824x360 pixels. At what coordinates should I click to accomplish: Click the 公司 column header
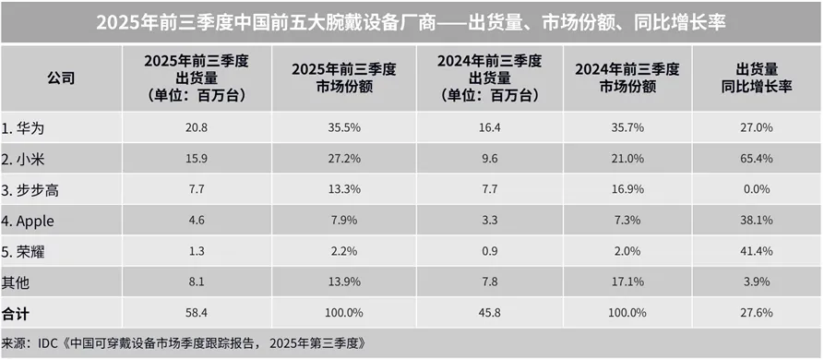(61, 78)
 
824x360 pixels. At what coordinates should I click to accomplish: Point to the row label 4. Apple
(30, 221)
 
